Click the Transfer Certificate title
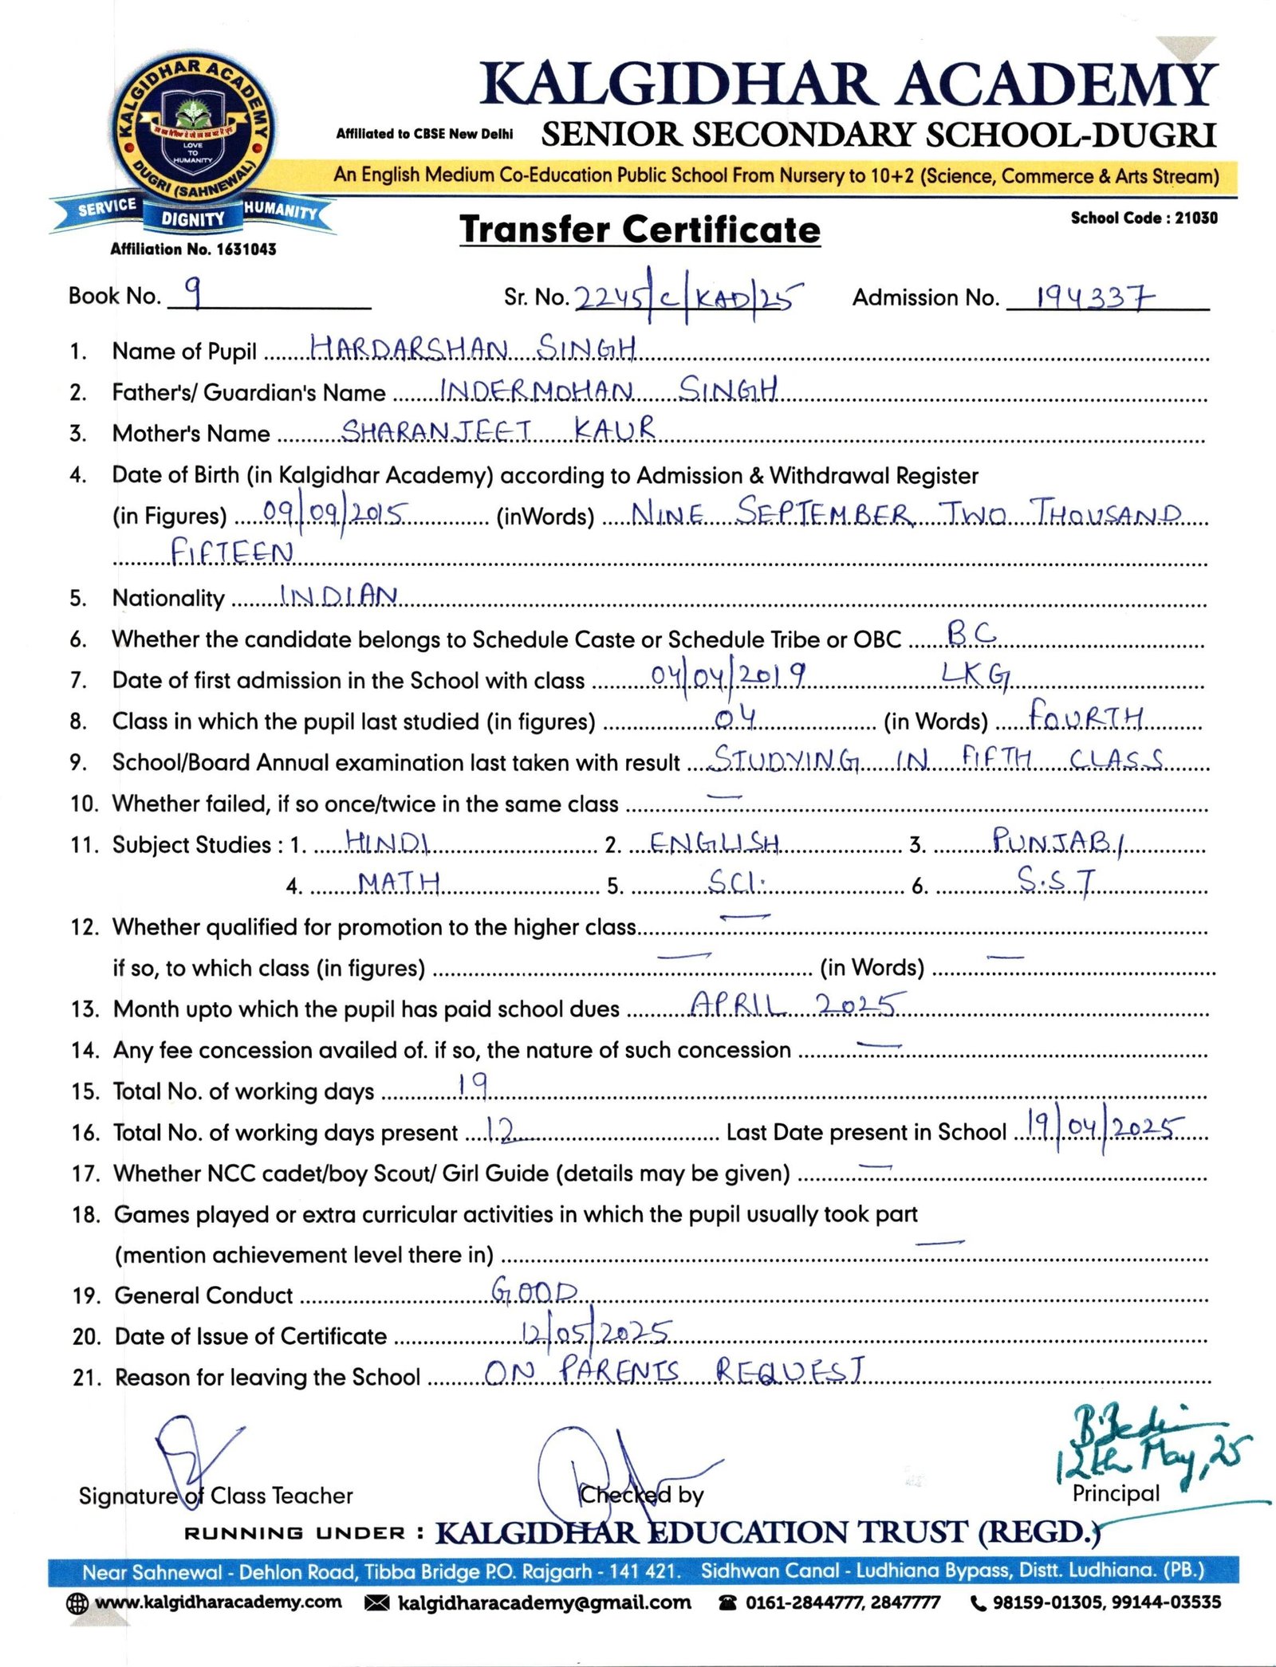(640, 230)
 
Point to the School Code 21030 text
(1144, 218)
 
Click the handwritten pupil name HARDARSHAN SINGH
(472, 348)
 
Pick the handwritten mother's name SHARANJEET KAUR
(498, 431)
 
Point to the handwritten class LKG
(975, 675)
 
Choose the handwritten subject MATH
(399, 882)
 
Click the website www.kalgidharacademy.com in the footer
(218, 1602)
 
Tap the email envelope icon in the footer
(376, 1603)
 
